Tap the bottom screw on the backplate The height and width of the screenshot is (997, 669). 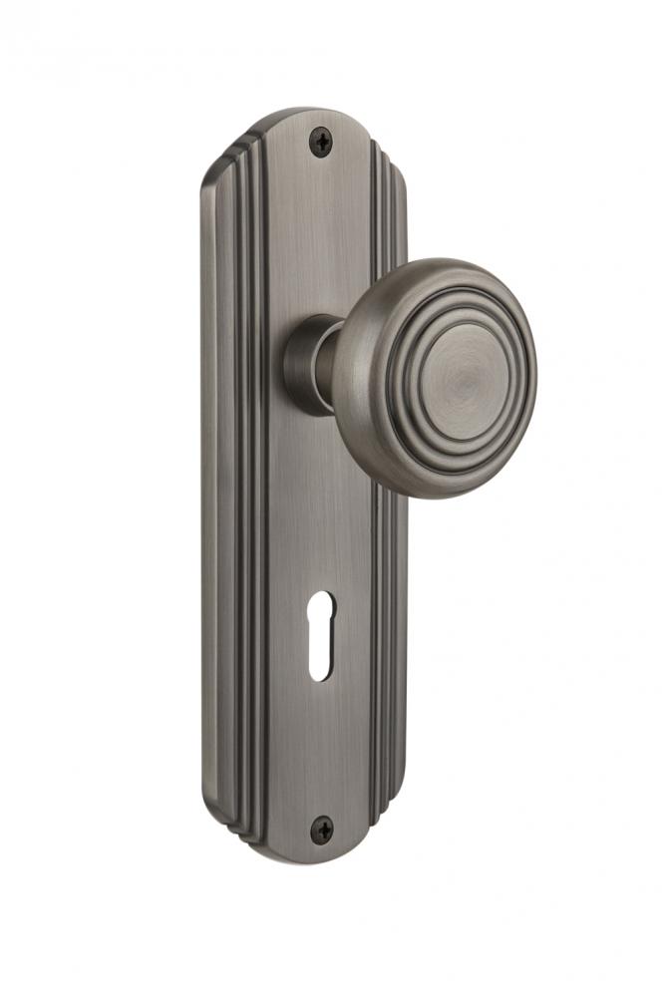(x=322, y=827)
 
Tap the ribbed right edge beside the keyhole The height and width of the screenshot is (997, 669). (x=384, y=653)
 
